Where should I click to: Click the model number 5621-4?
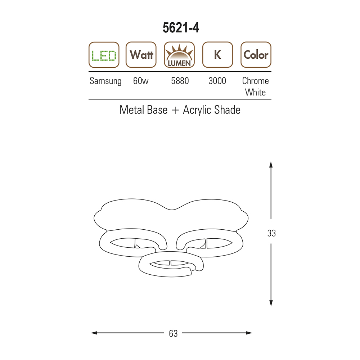(181, 28)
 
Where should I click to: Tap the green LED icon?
(104, 55)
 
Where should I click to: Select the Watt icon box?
(141, 55)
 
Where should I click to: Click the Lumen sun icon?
(179, 55)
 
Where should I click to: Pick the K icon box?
(218, 55)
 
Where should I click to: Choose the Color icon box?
(256, 55)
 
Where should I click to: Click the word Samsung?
(105, 81)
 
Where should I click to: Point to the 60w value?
(141, 81)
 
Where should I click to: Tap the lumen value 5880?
(180, 81)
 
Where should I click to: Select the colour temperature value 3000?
(217, 81)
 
